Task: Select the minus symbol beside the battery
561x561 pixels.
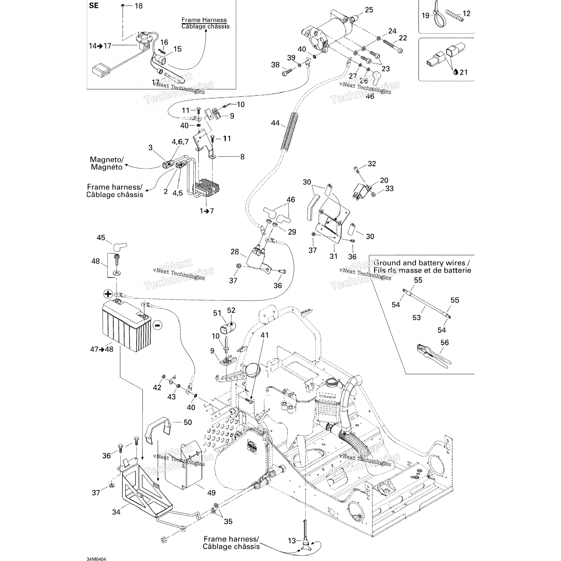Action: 157,325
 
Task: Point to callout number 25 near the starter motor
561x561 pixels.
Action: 369,10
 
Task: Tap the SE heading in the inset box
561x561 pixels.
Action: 94,6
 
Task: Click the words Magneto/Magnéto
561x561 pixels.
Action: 107,163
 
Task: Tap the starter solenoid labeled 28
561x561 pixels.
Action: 254,258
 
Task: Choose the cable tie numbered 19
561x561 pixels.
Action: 436,11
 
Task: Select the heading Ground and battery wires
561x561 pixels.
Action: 421,263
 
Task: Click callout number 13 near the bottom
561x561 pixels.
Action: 292,540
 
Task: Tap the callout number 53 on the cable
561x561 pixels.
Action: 416,318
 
